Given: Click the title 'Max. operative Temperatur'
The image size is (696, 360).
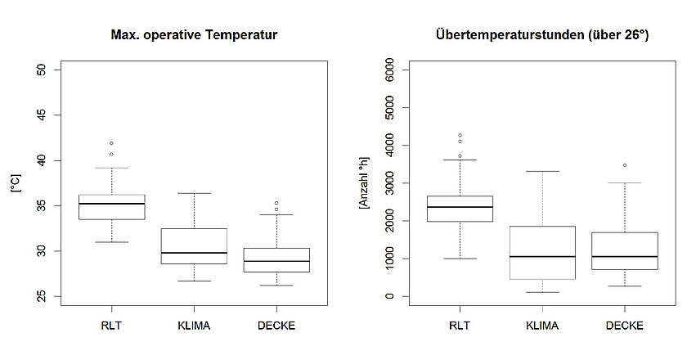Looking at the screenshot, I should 194,35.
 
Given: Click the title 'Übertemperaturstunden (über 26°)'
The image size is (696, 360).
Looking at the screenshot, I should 542,35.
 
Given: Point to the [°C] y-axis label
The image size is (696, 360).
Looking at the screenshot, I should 15,183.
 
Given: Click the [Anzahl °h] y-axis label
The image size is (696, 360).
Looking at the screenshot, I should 364,182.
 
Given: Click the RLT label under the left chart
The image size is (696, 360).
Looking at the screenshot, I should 111,326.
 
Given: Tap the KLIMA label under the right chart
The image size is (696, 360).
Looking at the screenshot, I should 542,326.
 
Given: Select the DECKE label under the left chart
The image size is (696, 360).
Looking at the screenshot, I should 276,326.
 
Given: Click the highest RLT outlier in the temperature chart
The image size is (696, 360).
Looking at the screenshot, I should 111,143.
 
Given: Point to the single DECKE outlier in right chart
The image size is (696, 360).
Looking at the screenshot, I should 625,165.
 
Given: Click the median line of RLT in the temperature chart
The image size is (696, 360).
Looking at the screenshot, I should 111,204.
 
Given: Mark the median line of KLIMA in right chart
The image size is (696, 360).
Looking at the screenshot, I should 542,256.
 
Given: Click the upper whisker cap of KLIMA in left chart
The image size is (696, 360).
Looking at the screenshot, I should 194,193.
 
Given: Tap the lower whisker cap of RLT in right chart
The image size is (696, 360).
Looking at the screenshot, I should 460,259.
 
